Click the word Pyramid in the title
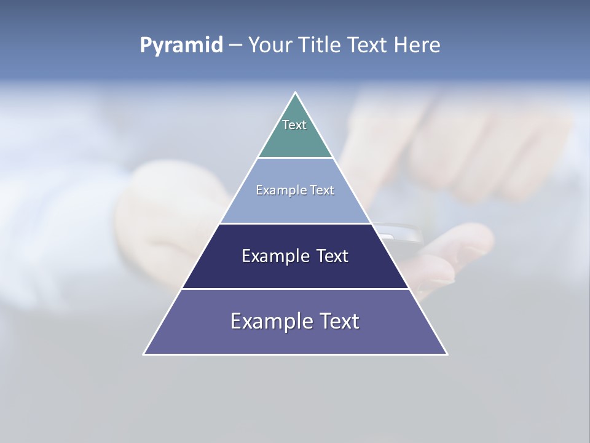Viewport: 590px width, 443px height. pos(181,46)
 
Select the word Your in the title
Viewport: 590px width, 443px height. pos(271,45)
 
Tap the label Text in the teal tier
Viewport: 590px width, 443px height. pos(294,125)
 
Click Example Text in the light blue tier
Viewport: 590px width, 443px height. pos(295,190)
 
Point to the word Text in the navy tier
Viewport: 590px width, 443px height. pos(332,256)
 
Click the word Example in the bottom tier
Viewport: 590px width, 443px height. pos(267,321)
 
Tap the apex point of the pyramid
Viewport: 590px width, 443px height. pos(296,94)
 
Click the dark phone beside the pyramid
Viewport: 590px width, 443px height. pos(399,234)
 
